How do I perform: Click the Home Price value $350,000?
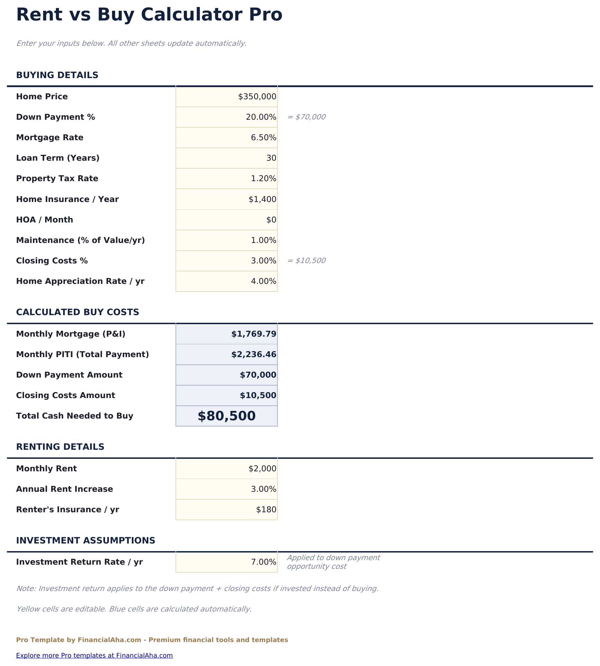point(257,97)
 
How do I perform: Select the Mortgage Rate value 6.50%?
point(263,138)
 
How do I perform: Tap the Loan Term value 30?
point(271,158)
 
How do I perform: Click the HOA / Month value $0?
point(271,220)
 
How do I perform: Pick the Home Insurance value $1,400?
point(262,200)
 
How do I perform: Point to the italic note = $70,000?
point(306,117)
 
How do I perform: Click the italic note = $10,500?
point(306,261)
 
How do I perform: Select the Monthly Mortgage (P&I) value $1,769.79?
point(254,334)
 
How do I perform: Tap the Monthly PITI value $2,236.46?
point(254,355)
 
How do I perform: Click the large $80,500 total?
point(226,416)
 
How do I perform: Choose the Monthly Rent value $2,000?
point(262,469)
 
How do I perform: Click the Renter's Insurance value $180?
point(266,510)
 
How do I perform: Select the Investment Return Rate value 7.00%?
point(263,562)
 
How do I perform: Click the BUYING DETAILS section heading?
point(57,75)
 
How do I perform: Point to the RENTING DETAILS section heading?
point(60,447)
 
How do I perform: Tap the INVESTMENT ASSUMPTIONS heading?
point(85,541)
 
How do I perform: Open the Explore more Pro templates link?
point(94,656)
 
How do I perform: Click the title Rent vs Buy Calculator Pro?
point(149,15)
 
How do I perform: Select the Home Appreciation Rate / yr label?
point(80,281)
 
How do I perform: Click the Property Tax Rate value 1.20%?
point(263,179)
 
